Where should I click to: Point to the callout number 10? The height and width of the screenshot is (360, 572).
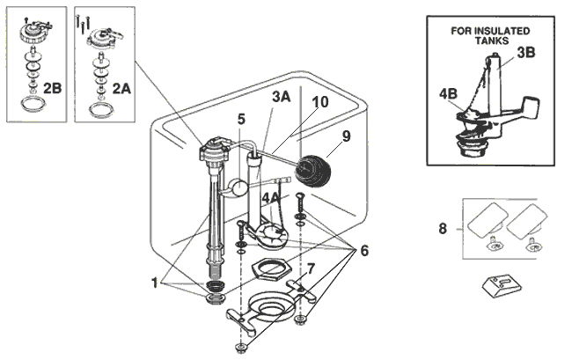[320, 102]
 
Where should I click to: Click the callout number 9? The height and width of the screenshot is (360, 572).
[346, 136]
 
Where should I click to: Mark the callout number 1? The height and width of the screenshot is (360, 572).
[155, 283]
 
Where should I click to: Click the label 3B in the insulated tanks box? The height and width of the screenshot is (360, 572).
[525, 52]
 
